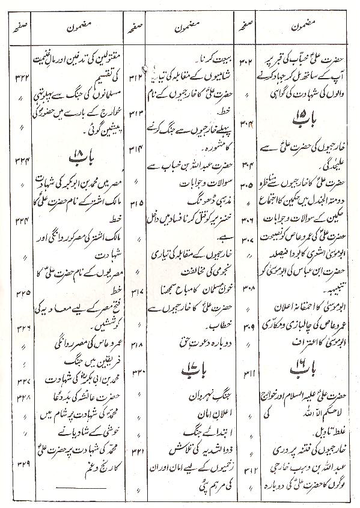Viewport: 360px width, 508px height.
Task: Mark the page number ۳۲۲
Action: (x=20, y=76)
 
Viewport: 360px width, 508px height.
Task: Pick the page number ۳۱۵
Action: (x=135, y=204)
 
